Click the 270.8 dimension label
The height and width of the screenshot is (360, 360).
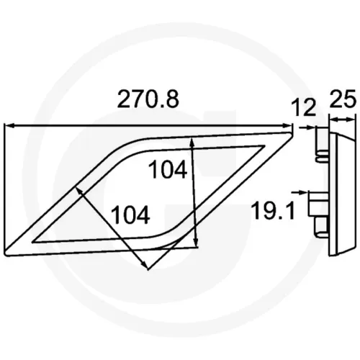coord(148,99)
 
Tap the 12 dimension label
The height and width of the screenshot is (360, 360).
coord(303,108)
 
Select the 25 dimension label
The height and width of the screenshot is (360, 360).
coord(342,99)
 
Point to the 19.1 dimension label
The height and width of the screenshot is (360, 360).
coord(272,211)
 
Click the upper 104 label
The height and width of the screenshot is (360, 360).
coord(168,169)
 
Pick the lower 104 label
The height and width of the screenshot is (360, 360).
coord(131,215)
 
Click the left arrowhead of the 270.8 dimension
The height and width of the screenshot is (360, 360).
coord(9,125)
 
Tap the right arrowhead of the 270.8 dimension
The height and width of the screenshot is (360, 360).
coord(288,125)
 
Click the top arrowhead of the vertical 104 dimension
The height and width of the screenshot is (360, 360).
coord(192,142)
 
